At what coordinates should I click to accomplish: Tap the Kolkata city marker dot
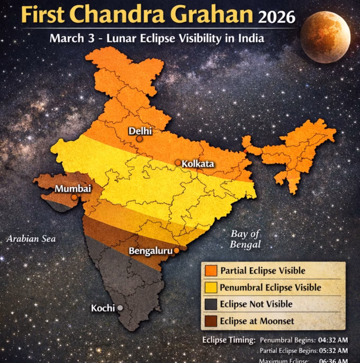pyautogui.click(x=178, y=164)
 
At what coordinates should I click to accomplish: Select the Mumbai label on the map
pyautogui.click(x=73, y=189)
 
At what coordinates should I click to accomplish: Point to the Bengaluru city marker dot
pyautogui.click(x=176, y=250)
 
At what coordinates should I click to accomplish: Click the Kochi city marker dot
pyautogui.click(x=120, y=307)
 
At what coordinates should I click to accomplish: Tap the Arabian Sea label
pyautogui.click(x=31, y=239)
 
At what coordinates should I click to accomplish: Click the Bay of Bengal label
pyautogui.click(x=246, y=239)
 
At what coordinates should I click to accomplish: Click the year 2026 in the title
pyautogui.click(x=276, y=17)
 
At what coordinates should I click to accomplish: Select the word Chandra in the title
pyautogui.click(x=119, y=15)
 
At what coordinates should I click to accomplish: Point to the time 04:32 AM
pyautogui.click(x=332, y=340)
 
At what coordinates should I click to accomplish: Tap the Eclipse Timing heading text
pyautogui.click(x=229, y=340)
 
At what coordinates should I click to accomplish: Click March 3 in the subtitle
pyautogui.click(x=68, y=39)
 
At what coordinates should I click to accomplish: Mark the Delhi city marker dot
pyautogui.click(x=139, y=139)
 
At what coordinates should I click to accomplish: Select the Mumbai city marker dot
pyautogui.click(x=74, y=197)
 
